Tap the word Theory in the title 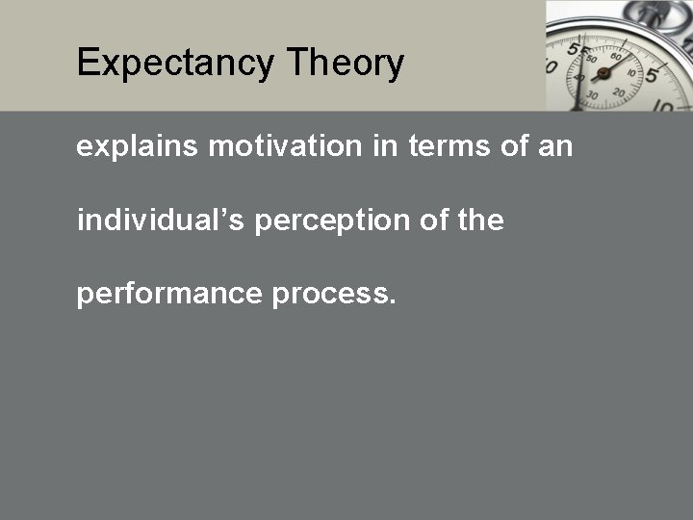pyautogui.click(x=345, y=64)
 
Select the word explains pyautogui.click(x=138, y=147)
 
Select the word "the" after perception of pyautogui.click(x=481, y=221)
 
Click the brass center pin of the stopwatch pyautogui.click(x=604, y=72)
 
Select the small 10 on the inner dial pyautogui.click(x=632, y=72)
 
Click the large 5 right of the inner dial pyautogui.click(x=652, y=74)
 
